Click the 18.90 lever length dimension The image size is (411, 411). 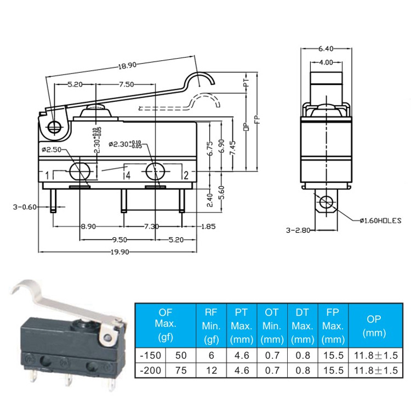pos(127,65)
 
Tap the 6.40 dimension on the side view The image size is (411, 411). pos(326,49)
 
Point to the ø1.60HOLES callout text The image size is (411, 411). pos(381,221)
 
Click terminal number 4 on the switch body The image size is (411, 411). pos(127,176)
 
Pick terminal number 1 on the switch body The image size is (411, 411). pos(48,176)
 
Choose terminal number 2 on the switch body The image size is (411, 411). pos(186,176)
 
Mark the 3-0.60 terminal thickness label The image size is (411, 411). pos(25,207)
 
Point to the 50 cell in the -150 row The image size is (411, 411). pos(180,355)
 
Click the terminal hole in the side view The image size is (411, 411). pos(326,202)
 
